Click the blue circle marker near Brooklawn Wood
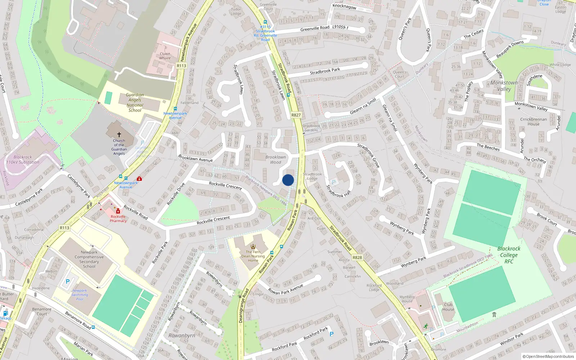click(288, 180)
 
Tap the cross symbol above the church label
click(119, 135)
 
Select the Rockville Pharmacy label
click(118, 219)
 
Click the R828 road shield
click(357, 257)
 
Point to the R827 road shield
click(296, 115)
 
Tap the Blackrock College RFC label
click(509, 255)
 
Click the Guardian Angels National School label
click(135, 103)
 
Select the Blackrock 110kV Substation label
click(23, 160)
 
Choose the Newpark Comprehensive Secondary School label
click(89, 259)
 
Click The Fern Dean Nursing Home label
click(253, 256)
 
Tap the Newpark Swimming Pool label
click(80, 295)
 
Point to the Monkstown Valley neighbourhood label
click(504, 86)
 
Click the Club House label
click(448, 307)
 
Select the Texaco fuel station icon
click(5, 313)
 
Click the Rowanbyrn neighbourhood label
click(182, 336)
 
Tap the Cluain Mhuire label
click(165, 56)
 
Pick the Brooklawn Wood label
click(275, 159)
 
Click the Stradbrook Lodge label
click(312, 176)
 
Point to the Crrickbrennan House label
click(534, 122)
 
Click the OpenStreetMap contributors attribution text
click(548, 357)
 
